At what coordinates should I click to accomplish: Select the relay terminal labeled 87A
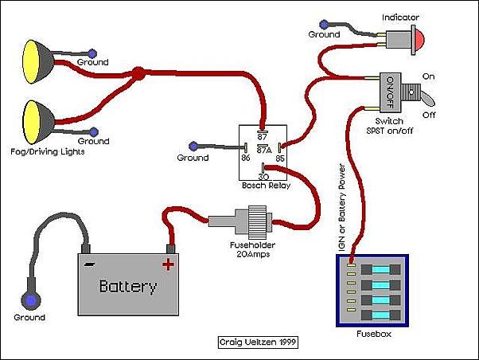coord(264,151)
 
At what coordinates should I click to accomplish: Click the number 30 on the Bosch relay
coord(263,177)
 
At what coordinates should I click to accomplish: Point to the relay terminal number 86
coord(246,158)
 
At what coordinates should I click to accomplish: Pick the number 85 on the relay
coord(280,158)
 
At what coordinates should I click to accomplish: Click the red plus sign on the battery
coord(168,264)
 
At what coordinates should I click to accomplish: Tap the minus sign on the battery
coord(89,264)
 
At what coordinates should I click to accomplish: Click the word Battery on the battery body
coord(128,287)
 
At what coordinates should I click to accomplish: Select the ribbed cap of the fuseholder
coord(257,222)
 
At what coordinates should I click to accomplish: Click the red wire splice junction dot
coord(138,74)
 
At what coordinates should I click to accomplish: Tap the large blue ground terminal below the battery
coord(31,300)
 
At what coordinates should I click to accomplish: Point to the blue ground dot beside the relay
coord(193,147)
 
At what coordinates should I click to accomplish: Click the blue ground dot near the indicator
coord(324,25)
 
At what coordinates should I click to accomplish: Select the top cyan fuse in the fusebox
coord(381,270)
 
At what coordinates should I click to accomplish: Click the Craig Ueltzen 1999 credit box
coord(258,342)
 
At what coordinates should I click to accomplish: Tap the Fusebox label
coord(374,334)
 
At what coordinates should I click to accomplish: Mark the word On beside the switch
coord(428,76)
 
